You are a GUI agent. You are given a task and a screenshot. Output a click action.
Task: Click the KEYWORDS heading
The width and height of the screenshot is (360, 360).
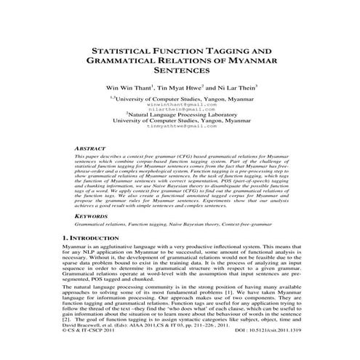pyautogui.click(x=90, y=216)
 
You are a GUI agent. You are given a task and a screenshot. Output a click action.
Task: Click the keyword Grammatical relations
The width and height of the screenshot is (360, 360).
pyautogui.click(x=103, y=225)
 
